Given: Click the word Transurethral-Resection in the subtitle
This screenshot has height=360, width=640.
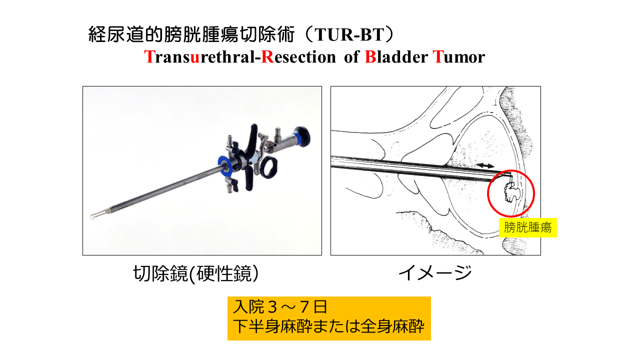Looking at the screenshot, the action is tap(240, 57).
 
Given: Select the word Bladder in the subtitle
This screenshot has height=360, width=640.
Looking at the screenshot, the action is tap(396, 57).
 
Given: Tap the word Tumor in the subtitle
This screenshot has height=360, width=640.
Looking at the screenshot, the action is tap(459, 57).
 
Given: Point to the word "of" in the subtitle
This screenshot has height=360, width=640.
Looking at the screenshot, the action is tap(351, 57).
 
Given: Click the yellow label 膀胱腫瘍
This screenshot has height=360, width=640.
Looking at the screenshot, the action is tap(527, 227).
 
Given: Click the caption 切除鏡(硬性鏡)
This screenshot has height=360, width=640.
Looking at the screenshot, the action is tap(196, 273).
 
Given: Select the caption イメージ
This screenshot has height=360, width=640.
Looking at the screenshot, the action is tap(435, 272).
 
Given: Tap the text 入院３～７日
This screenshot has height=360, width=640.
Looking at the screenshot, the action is tap(280, 307).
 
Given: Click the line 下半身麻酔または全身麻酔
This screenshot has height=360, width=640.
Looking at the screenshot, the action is tap(329, 326).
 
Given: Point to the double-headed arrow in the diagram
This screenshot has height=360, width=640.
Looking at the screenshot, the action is tap(486, 165).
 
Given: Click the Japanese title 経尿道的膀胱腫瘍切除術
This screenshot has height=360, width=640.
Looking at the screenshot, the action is tap(191, 34).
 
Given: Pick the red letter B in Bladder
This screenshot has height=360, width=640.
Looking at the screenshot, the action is tap(370, 57).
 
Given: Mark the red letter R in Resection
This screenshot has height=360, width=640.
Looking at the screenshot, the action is tap(267, 57).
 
